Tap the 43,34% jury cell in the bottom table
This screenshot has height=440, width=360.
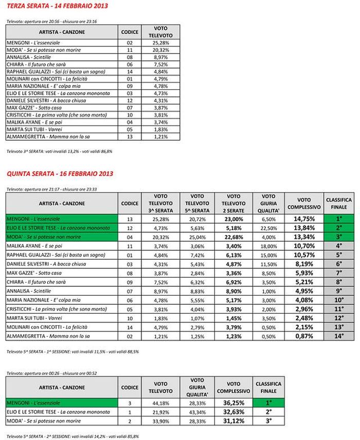[197, 412]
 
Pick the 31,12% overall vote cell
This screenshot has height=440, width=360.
[232, 421]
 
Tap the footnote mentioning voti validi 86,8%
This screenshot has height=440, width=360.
[59, 152]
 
